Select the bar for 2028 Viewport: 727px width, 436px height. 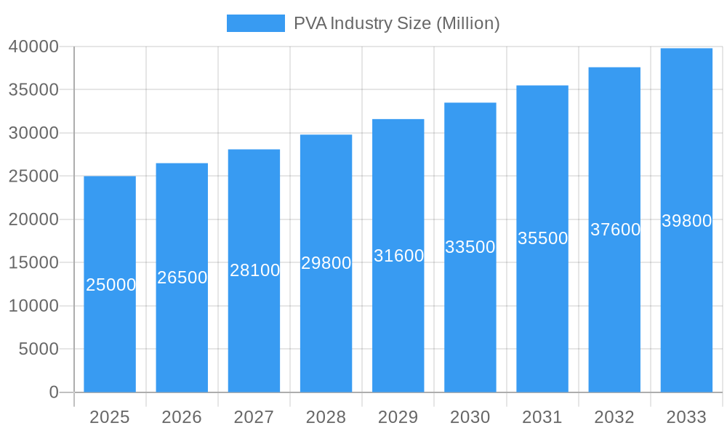coord(326,327)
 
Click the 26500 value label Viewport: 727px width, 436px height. coord(182,278)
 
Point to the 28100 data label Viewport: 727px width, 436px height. coord(254,270)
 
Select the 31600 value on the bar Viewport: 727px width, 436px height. coord(398,256)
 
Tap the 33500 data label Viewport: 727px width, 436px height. coord(470,247)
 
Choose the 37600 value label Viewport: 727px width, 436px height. coord(615,230)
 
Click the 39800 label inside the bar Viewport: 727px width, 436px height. coord(686,221)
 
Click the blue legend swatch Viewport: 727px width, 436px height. coord(255,23)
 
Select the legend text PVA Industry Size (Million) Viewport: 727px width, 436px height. coord(396,23)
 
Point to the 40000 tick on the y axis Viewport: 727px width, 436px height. coord(33,47)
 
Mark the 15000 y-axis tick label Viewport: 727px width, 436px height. coord(33,262)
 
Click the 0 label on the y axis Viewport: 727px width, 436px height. coord(54,392)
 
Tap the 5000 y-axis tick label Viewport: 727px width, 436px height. coord(38,349)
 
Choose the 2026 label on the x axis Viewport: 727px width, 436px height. coord(182,417)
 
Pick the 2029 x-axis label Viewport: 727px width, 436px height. coord(398,417)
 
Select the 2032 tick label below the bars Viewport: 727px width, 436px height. coord(614,417)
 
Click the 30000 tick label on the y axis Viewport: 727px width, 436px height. coord(33,133)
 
